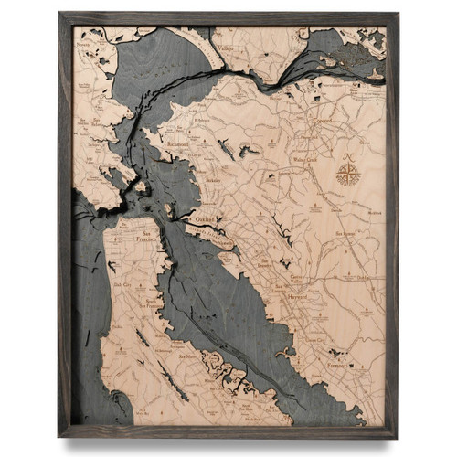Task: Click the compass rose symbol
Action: [x=348, y=172]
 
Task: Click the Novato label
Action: [x=83, y=44]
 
